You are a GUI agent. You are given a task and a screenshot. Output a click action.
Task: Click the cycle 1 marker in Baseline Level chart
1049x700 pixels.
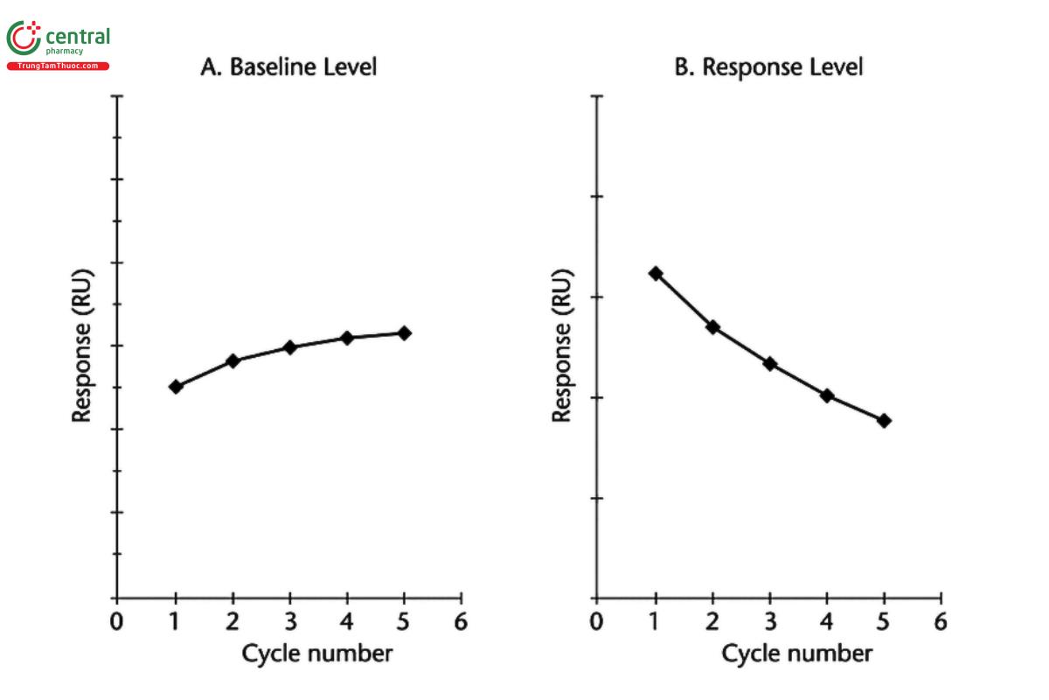(176, 386)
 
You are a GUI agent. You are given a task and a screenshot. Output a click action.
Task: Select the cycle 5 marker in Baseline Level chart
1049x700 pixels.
(404, 332)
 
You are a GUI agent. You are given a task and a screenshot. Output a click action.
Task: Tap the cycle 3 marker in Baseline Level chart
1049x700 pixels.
(290, 347)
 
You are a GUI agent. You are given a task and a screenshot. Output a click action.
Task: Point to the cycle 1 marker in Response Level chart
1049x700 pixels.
(656, 273)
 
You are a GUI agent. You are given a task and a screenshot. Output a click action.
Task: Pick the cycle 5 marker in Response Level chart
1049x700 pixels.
(884, 420)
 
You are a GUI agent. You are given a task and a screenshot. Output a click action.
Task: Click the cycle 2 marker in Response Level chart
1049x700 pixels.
(712, 326)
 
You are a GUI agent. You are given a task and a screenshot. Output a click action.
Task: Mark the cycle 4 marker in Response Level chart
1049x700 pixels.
(827, 395)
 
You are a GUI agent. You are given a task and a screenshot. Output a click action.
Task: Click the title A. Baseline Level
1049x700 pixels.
(289, 67)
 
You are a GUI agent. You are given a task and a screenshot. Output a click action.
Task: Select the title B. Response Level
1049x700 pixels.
(768, 67)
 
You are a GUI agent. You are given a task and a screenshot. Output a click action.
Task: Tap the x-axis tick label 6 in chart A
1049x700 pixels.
(461, 622)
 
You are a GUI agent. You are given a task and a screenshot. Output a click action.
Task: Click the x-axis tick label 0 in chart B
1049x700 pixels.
(596, 622)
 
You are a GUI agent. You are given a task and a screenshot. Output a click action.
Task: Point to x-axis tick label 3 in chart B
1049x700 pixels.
(769, 622)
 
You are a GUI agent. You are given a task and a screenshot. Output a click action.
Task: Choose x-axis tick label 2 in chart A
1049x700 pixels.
(233, 622)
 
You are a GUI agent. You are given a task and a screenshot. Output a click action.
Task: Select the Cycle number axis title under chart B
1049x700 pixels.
(796, 654)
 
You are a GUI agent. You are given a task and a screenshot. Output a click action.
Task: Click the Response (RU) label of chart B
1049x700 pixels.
(562, 346)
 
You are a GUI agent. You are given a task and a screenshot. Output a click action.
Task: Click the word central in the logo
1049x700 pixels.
(77, 37)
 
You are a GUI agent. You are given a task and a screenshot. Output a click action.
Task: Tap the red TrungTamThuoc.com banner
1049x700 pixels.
(59, 66)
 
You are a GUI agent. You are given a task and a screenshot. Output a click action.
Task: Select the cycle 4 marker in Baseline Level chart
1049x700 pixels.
(347, 338)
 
